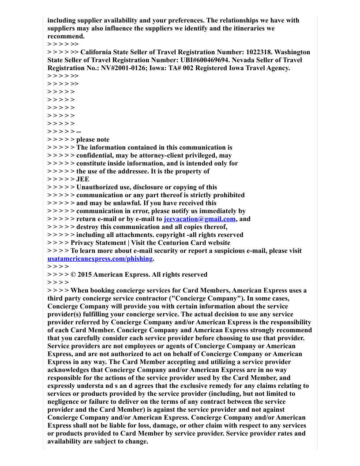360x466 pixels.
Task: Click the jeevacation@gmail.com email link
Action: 199,219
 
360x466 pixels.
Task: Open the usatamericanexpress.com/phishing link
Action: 100,259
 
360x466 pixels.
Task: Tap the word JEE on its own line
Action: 82,179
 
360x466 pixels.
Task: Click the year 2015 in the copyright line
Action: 84,274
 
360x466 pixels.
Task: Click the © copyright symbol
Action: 73,274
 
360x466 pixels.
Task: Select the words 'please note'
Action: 93,139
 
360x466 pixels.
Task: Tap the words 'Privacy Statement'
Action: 98,243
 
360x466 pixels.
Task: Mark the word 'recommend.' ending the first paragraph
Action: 66,36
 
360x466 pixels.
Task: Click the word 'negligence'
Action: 65,402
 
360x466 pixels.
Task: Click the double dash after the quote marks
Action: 79,132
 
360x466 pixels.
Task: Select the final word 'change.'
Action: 137,441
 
